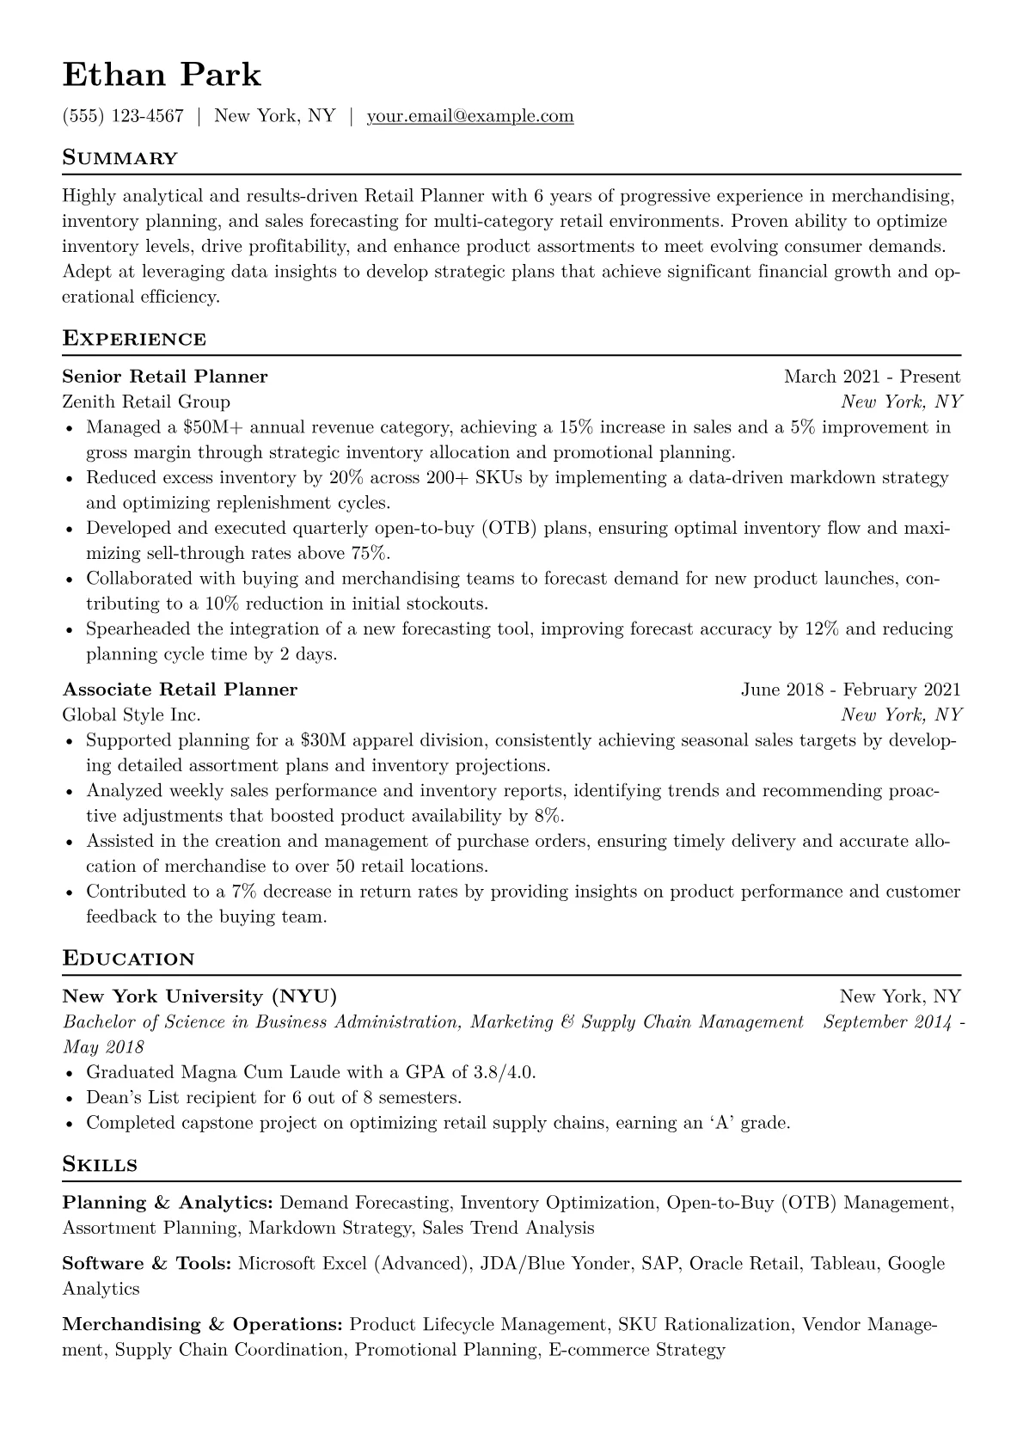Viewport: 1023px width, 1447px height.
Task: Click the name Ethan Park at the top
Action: pyautogui.click(x=162, y=76)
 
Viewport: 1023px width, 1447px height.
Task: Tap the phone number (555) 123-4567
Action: pyautogui.click(x=123, y=116)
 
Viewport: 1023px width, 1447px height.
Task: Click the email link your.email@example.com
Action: pyautogui.click(x=470, y=116)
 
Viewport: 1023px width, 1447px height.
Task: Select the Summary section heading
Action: pyautogui.click(x=120, y=158)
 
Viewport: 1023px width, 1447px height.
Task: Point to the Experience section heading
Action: pyautogui.click(x=134, y=339)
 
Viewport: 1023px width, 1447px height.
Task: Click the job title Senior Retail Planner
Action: pyautogui.click(x=165, y=377)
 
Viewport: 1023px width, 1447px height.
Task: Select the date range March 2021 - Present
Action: pyautogui.click(x=872, y=377)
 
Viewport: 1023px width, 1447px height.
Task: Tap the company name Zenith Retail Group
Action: pyautogui.click(x=146, y=402)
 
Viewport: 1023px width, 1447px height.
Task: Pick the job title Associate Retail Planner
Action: pyautogui.click(x=180, y=690)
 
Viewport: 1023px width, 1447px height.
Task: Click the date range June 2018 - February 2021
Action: pyautogui.click(x=850, y=690)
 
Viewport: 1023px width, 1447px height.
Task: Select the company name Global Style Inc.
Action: pyautogui.click(x=132, y=714)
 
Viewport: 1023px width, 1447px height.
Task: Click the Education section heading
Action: pyautogui.click(x=129, y=959)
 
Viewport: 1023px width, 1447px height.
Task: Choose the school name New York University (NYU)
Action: pyautogui.click(x=199, y=996)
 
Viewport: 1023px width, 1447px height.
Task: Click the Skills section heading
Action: pyautogui.click(x=100, y=1165)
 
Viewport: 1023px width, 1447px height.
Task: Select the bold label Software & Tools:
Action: pyautogui.click(x=147, y=1264)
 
